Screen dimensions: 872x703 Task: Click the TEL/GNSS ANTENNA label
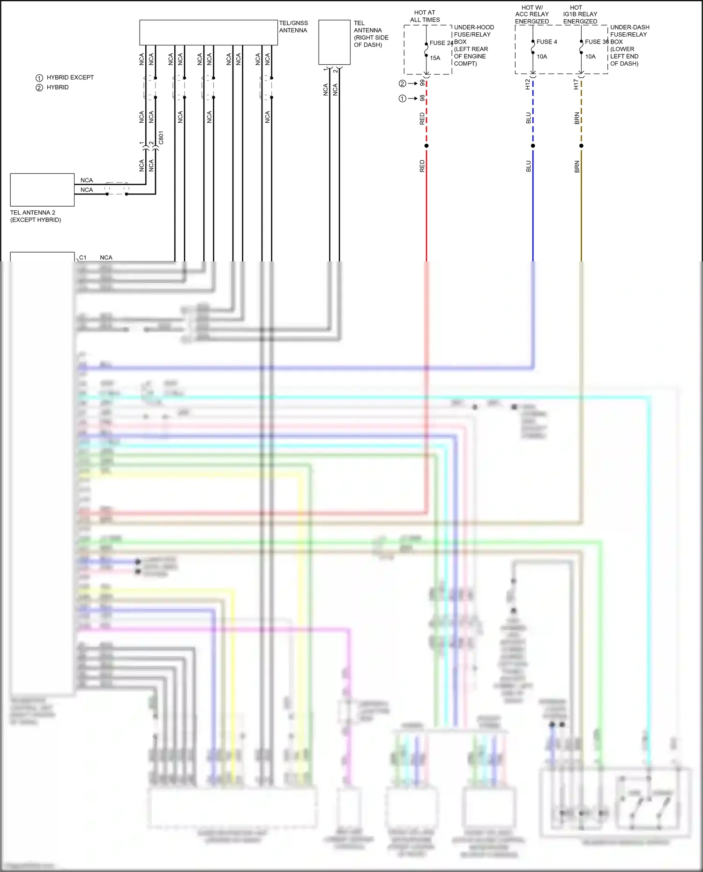point(293,27)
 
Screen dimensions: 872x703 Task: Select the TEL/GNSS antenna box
point(209,32)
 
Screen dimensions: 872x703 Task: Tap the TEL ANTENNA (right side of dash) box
point(334,42)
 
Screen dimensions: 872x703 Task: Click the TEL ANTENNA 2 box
point(42,190)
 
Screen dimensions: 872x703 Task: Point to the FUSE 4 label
point(546,42)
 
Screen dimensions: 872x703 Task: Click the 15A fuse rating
point(435,58)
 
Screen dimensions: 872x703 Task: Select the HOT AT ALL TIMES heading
point(425,16)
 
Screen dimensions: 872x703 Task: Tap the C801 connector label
point(161,138)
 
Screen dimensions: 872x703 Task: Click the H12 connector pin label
point(528,84)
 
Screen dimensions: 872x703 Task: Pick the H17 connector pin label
point(576,84)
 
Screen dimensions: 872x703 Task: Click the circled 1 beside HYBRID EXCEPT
point(39,78)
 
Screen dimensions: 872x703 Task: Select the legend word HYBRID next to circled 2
point(58,87)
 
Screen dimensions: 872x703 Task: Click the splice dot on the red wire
point(426,146)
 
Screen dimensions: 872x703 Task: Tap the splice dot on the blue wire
point(533,146)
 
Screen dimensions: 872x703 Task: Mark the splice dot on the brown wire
point(581,146)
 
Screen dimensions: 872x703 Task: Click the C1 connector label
point(83,257)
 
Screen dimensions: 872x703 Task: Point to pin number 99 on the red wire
point(422,83)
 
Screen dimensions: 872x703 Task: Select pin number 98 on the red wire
point(422,98)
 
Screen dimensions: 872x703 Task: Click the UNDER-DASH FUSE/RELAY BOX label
point(629,45)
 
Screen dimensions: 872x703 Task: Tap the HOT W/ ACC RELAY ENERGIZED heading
point(532,15)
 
